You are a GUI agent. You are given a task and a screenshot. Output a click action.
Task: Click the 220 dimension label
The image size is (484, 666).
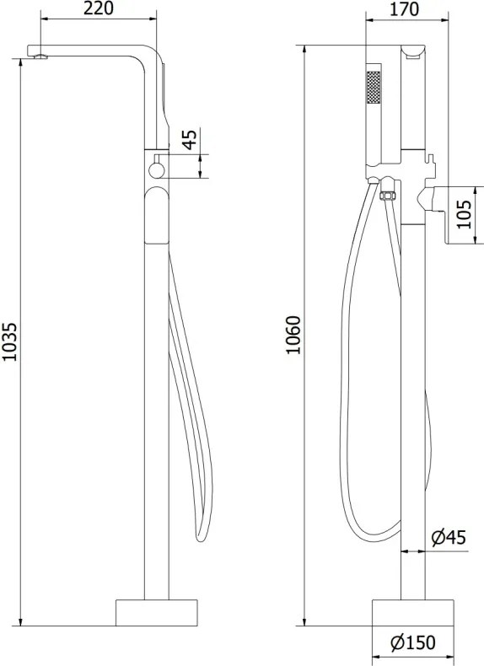pos(98,8)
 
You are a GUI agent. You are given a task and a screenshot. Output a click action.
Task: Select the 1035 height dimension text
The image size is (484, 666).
pos(9,342)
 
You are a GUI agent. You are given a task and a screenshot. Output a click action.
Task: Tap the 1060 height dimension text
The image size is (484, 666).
pos(293,335)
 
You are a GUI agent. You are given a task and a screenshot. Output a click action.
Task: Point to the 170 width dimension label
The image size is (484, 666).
pos(404,9)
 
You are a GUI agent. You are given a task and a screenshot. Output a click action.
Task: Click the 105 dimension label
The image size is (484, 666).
pos(465,214)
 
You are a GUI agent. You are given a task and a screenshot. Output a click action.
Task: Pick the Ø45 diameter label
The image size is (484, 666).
pos(449,538)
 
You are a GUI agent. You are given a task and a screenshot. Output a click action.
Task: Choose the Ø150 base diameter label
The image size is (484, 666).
pos(413,642)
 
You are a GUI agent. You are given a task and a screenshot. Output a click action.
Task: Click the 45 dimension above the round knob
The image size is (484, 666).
pos(190,139)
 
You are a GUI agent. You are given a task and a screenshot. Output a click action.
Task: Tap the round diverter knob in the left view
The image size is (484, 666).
pos(156,170)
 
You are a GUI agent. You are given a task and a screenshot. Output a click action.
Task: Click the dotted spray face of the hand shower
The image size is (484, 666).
pos(373,87)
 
